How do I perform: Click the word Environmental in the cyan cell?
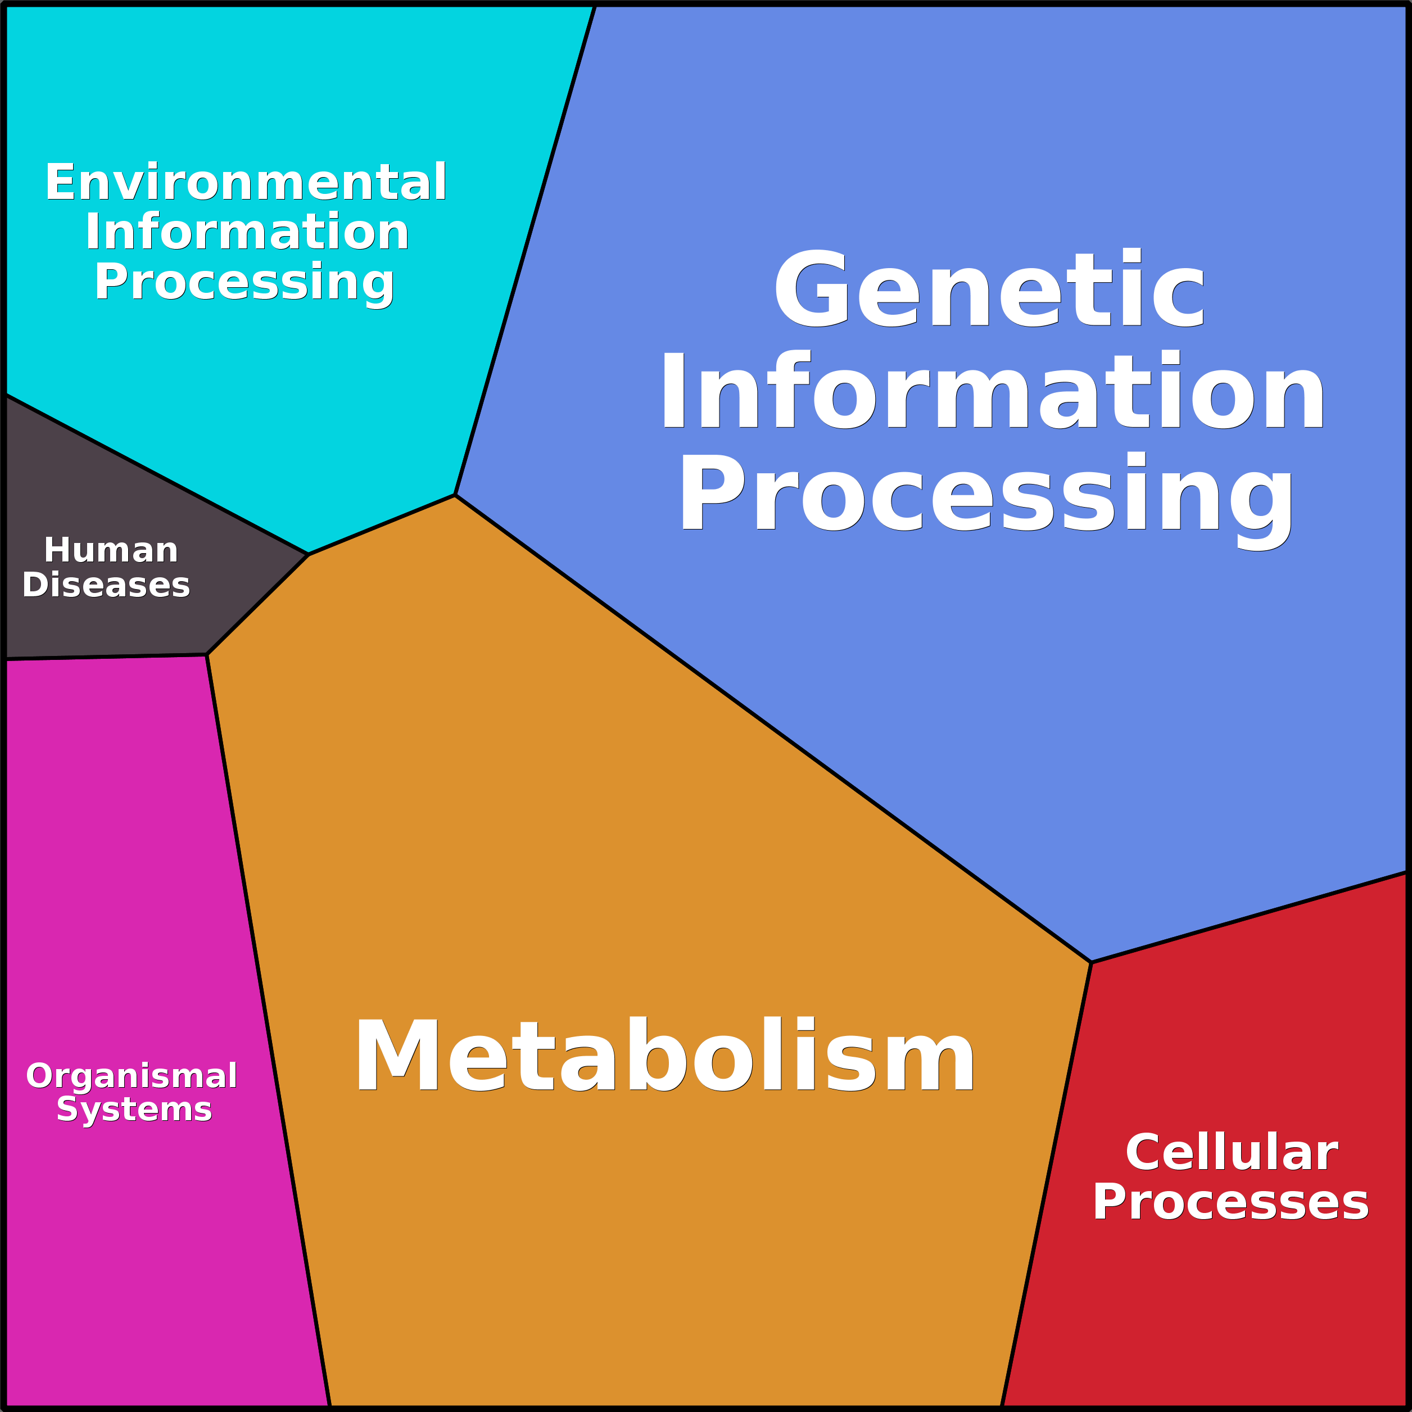tap(246, 182)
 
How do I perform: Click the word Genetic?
tap(989, 289)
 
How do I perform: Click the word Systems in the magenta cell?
tap(134, 1110)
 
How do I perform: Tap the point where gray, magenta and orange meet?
tap(207, 655)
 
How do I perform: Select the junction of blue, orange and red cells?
tap(1091, 962)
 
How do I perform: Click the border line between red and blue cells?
tap(1249, 917)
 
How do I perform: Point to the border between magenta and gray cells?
tap(107, 657)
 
